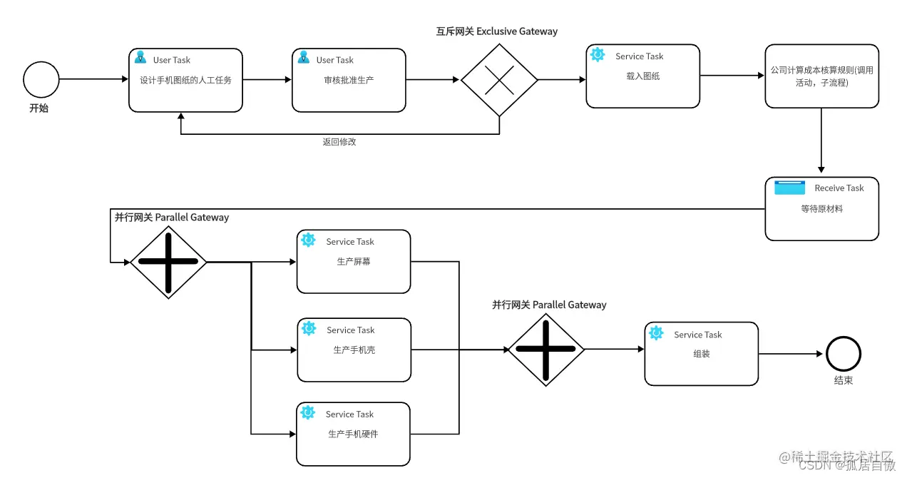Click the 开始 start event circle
(x=41, y=79)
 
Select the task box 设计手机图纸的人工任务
(x=185, y=80)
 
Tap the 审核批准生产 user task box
(x=349, y=80)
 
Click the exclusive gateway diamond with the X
(x=499, y=80)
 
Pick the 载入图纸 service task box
(x=642, y=76)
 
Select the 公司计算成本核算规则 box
(x=821, y=76)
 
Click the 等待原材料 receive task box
(x=821, y=209)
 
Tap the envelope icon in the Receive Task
(x=789, y=188)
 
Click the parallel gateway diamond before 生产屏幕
(x=168, y=261)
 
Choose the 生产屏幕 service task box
(x=354, y=261)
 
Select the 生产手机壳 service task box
(x=354, y=350)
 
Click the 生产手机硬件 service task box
(x=353, y=434)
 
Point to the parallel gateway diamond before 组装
(x=545, y=349)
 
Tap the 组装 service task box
(x=701, y=354)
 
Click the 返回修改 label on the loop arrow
(x=339, y=142)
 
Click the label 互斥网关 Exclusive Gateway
(x=496, y=31)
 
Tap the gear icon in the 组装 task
(x=656, y=333)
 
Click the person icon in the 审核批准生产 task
(x=304, y=58)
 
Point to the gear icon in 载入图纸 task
(x=598, y=55)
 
